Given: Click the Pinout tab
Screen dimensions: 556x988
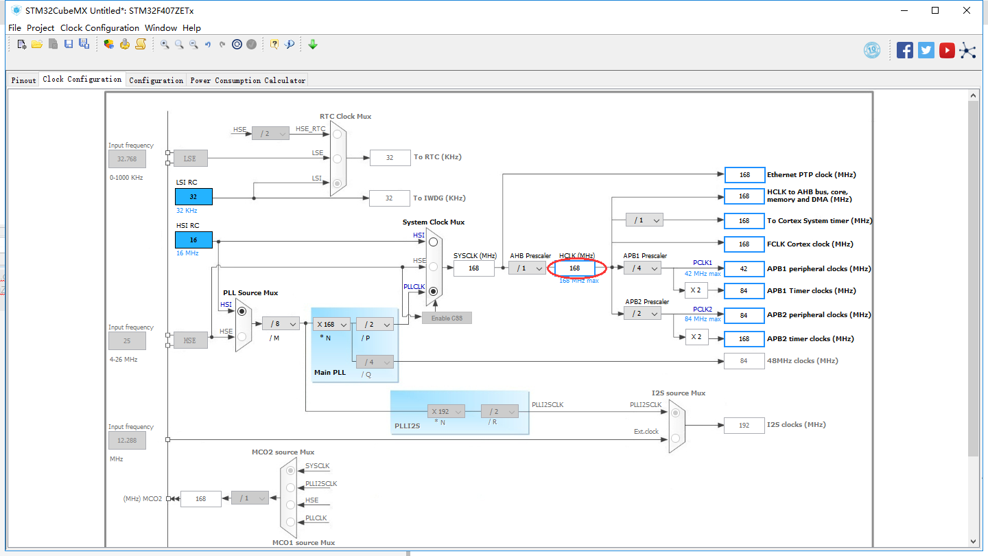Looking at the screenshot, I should coord(23,80).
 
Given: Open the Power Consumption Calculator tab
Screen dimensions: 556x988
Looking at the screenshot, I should coord(248,80).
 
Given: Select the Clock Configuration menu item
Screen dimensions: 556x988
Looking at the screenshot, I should coord(99,28).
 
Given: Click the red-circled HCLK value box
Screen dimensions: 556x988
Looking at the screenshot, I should coord(575,268).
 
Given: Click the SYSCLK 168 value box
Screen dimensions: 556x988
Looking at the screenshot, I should coord(473,268).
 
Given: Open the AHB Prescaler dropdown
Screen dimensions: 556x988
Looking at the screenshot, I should coord(527,268).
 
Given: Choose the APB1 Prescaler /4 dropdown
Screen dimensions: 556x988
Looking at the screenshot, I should coord(642,268).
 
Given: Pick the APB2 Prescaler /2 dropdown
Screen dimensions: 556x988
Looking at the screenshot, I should coord(642,314).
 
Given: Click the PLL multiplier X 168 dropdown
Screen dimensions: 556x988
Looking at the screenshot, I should coord(331,324).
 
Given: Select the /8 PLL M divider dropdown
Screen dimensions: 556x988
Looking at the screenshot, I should coord(281,324).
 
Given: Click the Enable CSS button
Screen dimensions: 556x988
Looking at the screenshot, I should coord(447,318).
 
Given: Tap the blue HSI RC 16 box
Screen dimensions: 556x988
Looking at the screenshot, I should coord(193,240).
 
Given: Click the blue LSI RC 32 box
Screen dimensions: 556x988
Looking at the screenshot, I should coord(193,196).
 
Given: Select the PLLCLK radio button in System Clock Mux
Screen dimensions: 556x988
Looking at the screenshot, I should coord(433,292).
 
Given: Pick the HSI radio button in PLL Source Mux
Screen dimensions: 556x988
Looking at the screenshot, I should coord(242,312).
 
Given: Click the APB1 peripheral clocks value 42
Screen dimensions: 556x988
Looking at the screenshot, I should coord(744,268).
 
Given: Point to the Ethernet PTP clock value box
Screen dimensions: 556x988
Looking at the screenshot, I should coord(744,175).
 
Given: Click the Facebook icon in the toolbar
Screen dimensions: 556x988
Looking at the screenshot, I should coord(905,50).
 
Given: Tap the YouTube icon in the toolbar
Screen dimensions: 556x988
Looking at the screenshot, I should coord(947,50).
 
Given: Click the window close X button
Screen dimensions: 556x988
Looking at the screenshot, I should coord(967,10).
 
